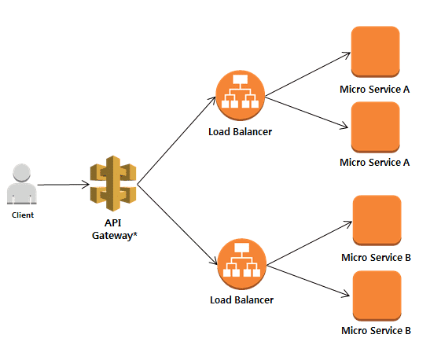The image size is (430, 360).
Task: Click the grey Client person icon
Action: coord(22,184)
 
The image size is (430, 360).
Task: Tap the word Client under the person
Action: coord(23,215)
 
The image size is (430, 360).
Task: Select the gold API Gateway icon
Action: coord(113,183)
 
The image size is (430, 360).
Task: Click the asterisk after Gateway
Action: coord(135,234)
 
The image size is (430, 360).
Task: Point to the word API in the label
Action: coord(113,222)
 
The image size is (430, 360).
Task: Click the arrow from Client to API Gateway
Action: coord(64,185)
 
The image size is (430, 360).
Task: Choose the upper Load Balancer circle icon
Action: coord(241,95)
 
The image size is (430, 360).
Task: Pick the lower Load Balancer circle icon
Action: coord(242,263)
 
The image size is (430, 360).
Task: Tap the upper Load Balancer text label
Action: coord(241,132)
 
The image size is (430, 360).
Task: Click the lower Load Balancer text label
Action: coord(242,300)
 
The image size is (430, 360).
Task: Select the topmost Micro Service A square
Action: coord(376,52)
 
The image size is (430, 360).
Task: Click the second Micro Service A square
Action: coord(376,127)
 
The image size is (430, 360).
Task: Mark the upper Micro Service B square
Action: coord(377,220)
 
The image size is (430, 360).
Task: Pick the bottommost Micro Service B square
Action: coord(377,296)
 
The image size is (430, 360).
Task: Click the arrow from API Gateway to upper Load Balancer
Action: coord(176,141)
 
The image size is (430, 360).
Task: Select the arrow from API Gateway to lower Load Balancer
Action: coord(177,225)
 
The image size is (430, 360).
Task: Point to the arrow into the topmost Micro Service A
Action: coord(307,74)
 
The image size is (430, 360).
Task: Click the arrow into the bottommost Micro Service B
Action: coord(308,281)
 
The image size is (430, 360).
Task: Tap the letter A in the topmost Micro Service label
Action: coord(406,90)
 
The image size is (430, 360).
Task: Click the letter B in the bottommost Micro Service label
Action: coord(408,331)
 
